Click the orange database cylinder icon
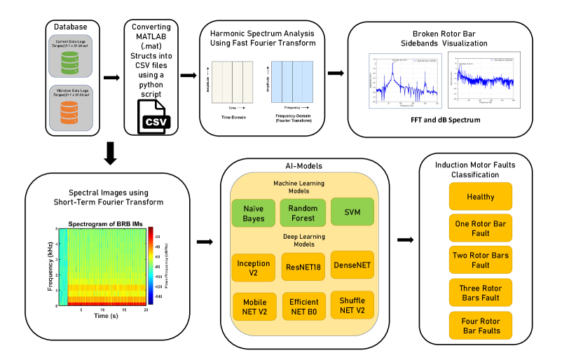69,112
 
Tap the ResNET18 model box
303,267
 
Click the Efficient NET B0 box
303,306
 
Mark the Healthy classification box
481,196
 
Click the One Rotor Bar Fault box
481,228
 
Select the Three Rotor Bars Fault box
481,291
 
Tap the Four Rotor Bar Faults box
481,326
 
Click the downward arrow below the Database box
111,153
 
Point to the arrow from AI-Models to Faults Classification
405,241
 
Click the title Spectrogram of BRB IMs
104,223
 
